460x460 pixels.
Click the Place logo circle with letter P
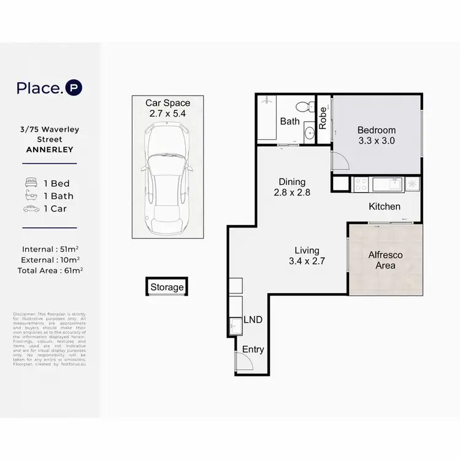74,88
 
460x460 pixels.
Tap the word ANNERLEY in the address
49,150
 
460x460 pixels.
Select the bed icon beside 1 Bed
30,183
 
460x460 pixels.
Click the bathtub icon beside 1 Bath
30,196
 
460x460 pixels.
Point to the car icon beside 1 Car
30,209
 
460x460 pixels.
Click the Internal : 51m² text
49,249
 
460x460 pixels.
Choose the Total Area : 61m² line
49,269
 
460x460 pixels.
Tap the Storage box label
167,287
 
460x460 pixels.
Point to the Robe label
323,117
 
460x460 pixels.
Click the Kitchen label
385,207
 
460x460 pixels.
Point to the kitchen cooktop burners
360,183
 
